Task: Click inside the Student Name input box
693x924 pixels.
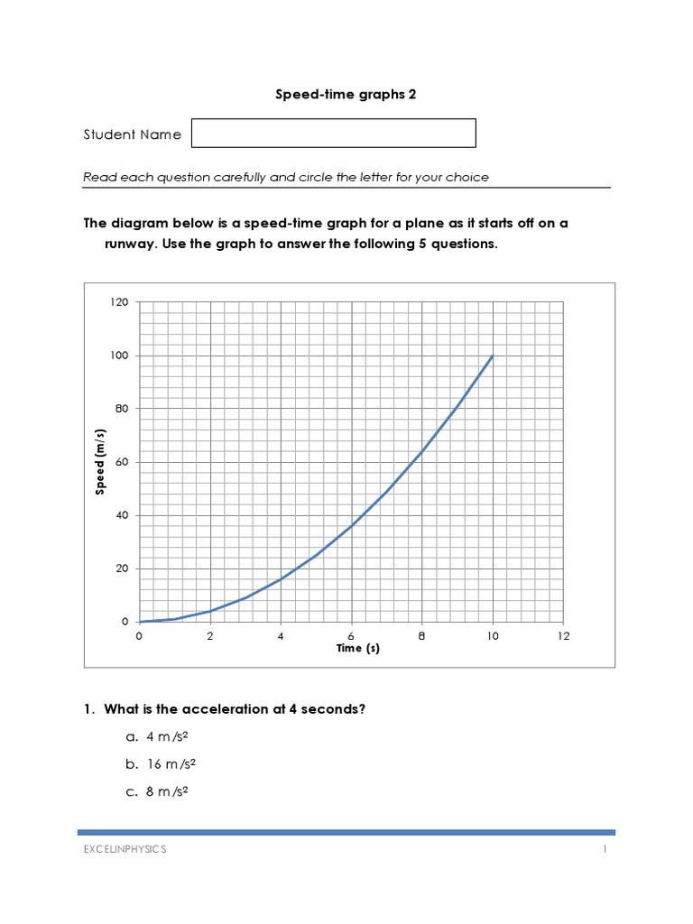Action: coord(333,134)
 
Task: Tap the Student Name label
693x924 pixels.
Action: coord(132,134)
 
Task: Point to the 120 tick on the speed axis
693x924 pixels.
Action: coord(120,302)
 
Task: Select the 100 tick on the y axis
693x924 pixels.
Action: coord(120,356)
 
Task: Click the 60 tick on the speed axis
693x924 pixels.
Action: coord(123,462)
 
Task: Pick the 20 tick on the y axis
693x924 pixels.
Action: coord(123,568)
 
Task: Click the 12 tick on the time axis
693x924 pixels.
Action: coord(564,635)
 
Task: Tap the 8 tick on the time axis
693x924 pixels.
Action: coord(422,635)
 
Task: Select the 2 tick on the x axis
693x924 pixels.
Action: coord(210,635)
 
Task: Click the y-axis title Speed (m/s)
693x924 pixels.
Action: coord(101,462)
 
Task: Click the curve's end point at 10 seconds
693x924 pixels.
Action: coord(493,356)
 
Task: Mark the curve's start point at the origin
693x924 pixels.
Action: coord(140,622)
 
